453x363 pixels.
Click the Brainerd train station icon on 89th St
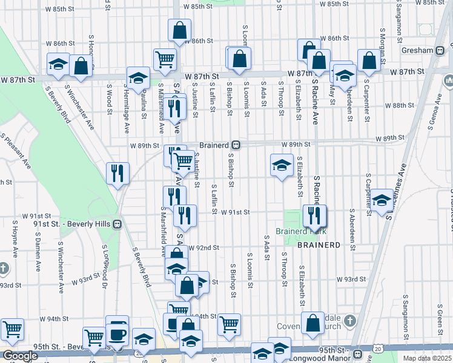click(237, 145)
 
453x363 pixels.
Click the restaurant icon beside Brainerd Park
click(314, 215)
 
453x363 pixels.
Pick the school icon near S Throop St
click(282, 165)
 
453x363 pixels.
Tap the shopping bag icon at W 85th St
click(180, 30)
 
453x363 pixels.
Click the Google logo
click(20, 356)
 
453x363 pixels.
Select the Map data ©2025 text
click(427, 358)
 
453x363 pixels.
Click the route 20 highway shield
click(379, 349)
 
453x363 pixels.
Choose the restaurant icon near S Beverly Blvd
click(117, 173)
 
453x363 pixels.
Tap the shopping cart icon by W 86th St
click(164, 59)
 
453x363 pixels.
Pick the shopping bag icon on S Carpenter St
click(369, 60)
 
